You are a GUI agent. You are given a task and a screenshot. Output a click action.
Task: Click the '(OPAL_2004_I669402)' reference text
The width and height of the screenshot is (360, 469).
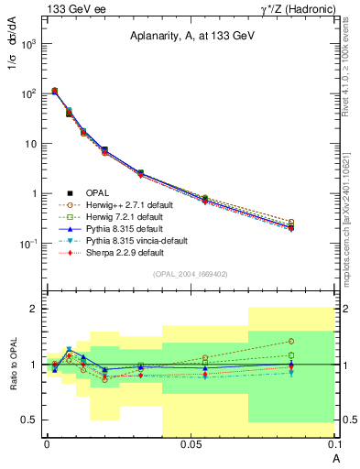coord(189,273)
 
